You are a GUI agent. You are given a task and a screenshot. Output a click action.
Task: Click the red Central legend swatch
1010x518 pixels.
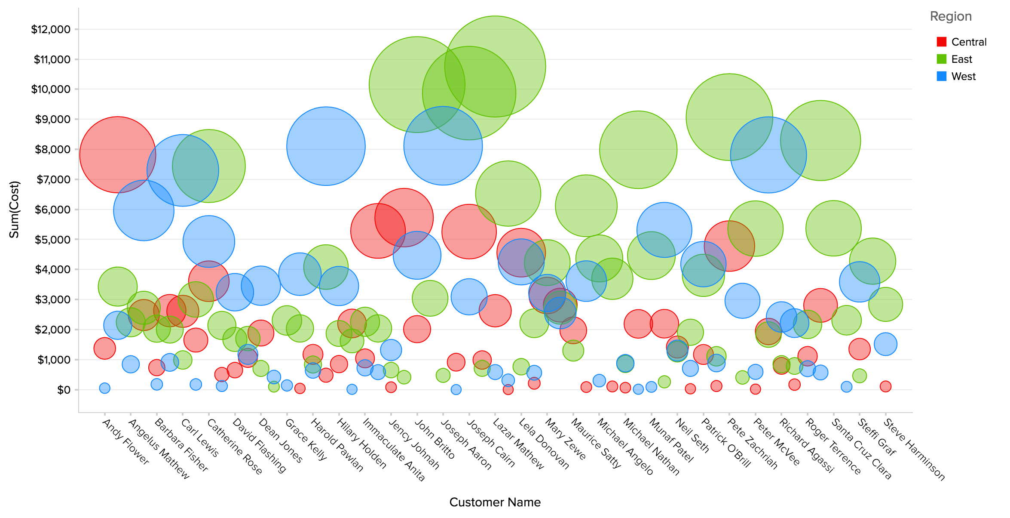(941, 42)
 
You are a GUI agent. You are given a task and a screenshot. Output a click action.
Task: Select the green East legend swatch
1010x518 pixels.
(941, 59)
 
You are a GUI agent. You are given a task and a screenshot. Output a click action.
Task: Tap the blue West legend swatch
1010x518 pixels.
(941, 76)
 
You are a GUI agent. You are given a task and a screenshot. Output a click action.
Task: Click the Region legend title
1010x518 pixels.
(951, 16)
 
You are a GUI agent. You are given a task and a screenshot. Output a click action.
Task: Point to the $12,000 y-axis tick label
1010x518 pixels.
(51, 29)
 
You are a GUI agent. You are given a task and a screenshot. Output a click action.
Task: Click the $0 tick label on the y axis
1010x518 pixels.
(64, 390)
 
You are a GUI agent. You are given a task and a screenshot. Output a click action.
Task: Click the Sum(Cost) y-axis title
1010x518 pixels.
(15, 209)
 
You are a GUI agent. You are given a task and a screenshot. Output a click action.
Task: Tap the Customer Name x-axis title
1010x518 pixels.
(495, 502)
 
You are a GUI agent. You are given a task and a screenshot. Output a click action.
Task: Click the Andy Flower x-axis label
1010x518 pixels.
(125, 442)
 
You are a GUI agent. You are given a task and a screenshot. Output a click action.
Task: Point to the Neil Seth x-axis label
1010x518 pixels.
(692, 436)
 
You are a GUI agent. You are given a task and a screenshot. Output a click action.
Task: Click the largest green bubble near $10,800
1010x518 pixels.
(495, 66)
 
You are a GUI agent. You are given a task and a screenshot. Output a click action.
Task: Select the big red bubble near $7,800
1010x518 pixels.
(118, 154)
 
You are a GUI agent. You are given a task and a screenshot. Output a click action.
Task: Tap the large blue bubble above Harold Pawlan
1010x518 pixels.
(326, 146)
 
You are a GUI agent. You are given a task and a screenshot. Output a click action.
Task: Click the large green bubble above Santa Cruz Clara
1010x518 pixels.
(820, 140)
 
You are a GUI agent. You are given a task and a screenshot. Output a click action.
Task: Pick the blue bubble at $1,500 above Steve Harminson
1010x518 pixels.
(885, 344)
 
